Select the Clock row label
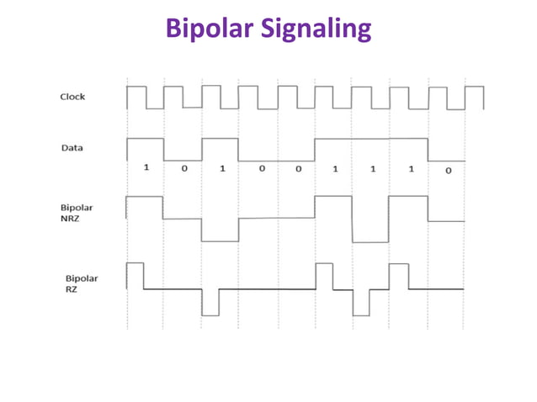click(x=72, y=97)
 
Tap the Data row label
click(x=72, y=148)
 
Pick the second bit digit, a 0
click(x=183, y=169)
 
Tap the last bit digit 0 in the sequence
click(x=448, y=170)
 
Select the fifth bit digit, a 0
click(x=298, y=169)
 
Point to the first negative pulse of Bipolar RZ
click(x=210, y=302)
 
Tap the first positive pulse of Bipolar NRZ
click(x=145, y=208)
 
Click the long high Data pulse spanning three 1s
click(x=371, y=148)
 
